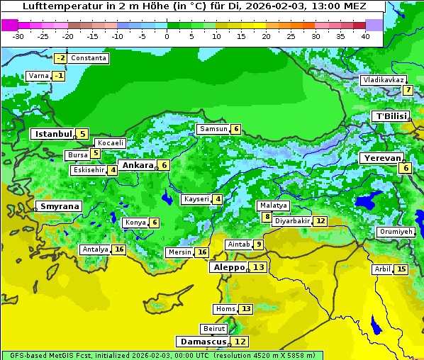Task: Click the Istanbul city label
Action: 53,133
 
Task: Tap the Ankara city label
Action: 138,165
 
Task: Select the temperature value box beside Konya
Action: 155,223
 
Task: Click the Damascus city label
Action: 203,342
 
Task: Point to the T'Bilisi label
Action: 391,116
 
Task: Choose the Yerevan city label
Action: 383,158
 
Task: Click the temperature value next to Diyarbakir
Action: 321,221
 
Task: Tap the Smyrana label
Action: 59,207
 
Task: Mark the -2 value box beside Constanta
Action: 61,58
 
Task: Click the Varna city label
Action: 38,76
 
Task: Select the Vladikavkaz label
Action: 383,80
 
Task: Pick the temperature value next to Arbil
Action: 401,269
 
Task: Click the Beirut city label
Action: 213,329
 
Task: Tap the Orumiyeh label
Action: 395,232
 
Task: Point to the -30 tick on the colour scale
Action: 18,36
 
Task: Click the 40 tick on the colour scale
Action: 364,36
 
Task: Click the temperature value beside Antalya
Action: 119,249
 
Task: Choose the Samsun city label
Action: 213,129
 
